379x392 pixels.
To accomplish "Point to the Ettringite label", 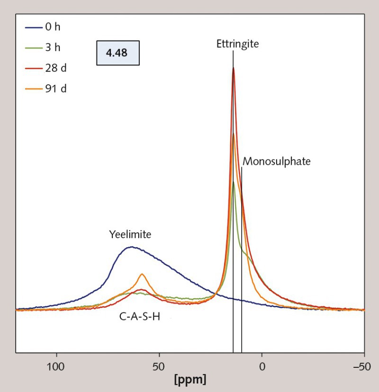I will coord(233,44).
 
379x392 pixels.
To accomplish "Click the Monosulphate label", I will coord(276,161).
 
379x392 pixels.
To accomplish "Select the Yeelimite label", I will coord(130,235).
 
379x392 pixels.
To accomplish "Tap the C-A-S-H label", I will coord(139,317).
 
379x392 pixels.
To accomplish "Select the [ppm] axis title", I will coord(189,380).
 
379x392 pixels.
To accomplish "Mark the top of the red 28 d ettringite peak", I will coord(234,68).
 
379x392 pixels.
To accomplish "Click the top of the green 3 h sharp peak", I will coord(234,182).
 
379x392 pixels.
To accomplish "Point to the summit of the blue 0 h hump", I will coord(131,247).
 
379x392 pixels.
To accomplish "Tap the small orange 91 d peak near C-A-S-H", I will coord(142,274).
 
